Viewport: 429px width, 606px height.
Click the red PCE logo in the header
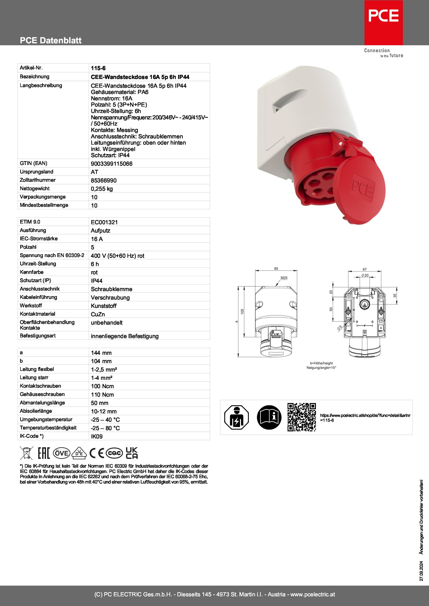383,22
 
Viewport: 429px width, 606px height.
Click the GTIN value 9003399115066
112,164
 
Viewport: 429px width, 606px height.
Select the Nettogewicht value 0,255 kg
102,189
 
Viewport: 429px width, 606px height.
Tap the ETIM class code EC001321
104,222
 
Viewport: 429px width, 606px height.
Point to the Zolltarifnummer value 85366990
104,181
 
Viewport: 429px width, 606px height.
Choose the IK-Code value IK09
97,436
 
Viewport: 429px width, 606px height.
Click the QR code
301,417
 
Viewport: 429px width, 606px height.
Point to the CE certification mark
97,453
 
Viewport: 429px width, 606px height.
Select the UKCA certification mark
132,453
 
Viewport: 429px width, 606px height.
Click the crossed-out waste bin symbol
26,453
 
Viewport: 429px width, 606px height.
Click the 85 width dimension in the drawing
276,269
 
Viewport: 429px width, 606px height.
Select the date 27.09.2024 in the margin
421,571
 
